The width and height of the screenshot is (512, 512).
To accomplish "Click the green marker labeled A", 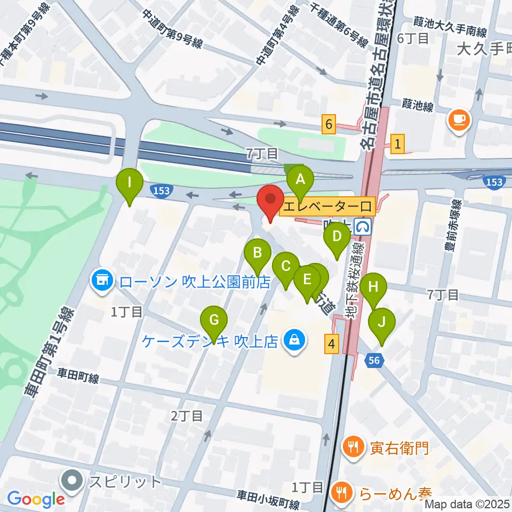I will [x=300, y=180].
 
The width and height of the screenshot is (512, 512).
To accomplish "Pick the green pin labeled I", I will [x=130, y=184].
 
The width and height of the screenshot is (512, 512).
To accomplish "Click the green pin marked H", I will [x=373, y=288].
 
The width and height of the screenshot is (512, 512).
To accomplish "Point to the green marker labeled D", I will [x=337, y=237].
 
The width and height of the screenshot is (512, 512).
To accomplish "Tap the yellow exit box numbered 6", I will [x=329, y=125].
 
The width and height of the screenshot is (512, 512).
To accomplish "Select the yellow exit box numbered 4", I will [x=332, y=345].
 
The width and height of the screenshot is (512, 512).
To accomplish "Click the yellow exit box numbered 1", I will [x=398, y=143].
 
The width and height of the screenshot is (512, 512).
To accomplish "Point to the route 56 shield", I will [x=374, y=361].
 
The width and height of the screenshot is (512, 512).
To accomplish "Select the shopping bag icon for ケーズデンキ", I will [x=293, y=339].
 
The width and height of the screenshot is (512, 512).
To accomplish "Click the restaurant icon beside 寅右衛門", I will [x=353, y=446].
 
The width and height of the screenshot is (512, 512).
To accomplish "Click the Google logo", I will [x=36, y=499].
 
